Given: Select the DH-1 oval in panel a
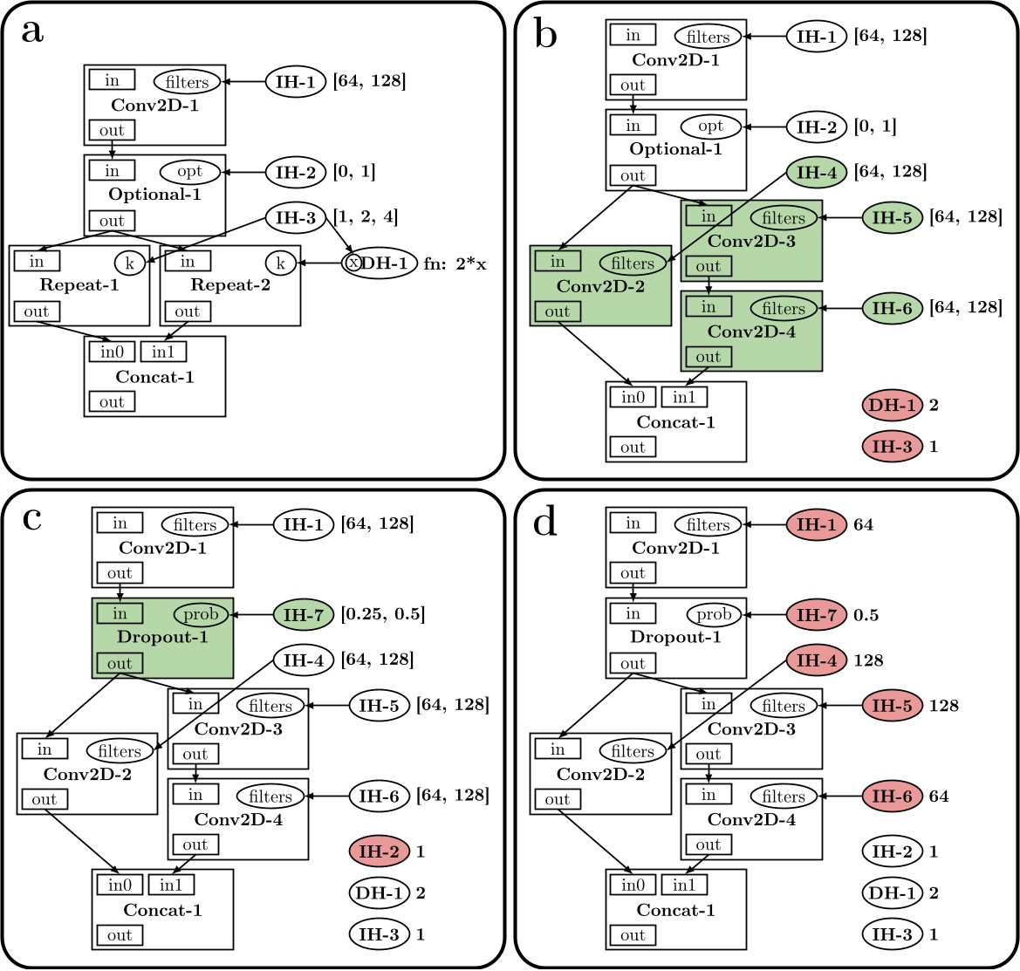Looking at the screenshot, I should pyautogui.click(x=380, y=263).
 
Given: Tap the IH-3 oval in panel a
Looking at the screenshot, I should pyautogui.click(x=296, y=217).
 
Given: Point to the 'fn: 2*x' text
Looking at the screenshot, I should pyautogui.click(x=455, y=263).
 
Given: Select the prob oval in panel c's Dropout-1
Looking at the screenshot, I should pyautogui.click(x=199, y=615).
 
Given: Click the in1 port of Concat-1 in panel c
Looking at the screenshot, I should pyautogui.click(x=170, y=884).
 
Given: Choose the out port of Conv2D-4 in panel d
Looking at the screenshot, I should pyautogui.click(x=708, y=844).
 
